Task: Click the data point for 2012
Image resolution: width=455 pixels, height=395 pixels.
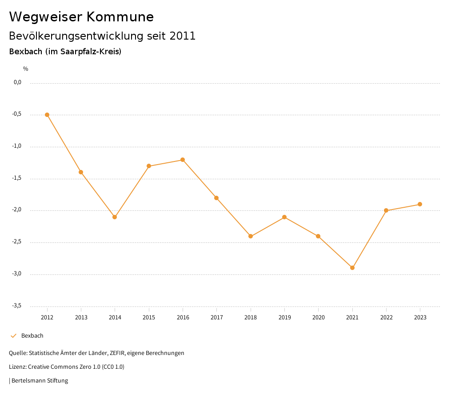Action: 47,115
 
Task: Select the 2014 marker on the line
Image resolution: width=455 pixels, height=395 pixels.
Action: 115,217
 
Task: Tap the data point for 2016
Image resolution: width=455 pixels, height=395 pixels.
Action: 183,160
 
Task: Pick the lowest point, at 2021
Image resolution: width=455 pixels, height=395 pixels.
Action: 352,268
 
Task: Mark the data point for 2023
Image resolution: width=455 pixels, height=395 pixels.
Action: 420,204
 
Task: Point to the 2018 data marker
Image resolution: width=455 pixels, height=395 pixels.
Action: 251,236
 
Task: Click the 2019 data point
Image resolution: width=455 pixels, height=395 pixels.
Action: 284,217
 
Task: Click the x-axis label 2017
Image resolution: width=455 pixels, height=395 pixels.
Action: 217,318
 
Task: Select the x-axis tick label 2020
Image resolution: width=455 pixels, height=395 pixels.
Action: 319,318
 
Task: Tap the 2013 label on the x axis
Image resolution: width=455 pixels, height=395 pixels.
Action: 81,318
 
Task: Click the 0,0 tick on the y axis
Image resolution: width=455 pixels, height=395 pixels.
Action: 17,82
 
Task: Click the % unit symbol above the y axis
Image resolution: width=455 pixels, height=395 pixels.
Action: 26,69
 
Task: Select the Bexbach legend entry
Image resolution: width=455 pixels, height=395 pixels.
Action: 32,336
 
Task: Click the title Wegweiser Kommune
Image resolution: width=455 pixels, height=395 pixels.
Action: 81,17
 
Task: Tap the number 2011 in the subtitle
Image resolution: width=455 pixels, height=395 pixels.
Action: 183,36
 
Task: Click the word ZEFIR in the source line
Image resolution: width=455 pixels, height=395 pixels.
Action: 117,353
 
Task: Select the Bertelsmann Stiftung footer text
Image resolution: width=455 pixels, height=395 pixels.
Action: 40,381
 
